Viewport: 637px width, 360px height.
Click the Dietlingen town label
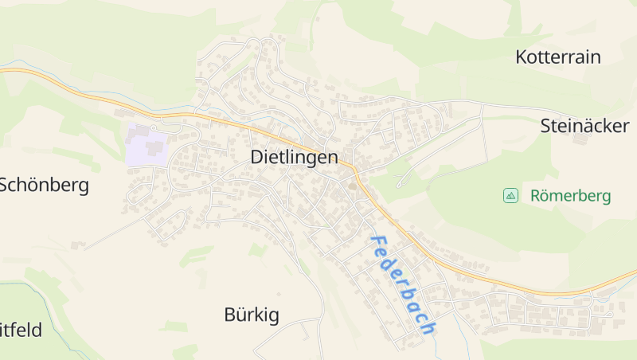294,157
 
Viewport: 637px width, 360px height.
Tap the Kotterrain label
557,57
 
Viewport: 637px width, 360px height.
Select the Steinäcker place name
584,125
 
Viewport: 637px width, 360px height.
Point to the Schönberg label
43,186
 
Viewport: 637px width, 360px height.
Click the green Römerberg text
570,196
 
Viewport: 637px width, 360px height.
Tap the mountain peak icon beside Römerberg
510,195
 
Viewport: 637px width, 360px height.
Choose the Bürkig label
252,315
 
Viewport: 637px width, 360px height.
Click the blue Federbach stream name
403,284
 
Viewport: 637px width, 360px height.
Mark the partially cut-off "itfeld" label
21,329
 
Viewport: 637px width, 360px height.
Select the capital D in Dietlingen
257,157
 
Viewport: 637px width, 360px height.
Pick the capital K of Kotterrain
522,57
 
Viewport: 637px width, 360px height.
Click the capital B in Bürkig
230,315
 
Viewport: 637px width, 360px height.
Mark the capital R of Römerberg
536,196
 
